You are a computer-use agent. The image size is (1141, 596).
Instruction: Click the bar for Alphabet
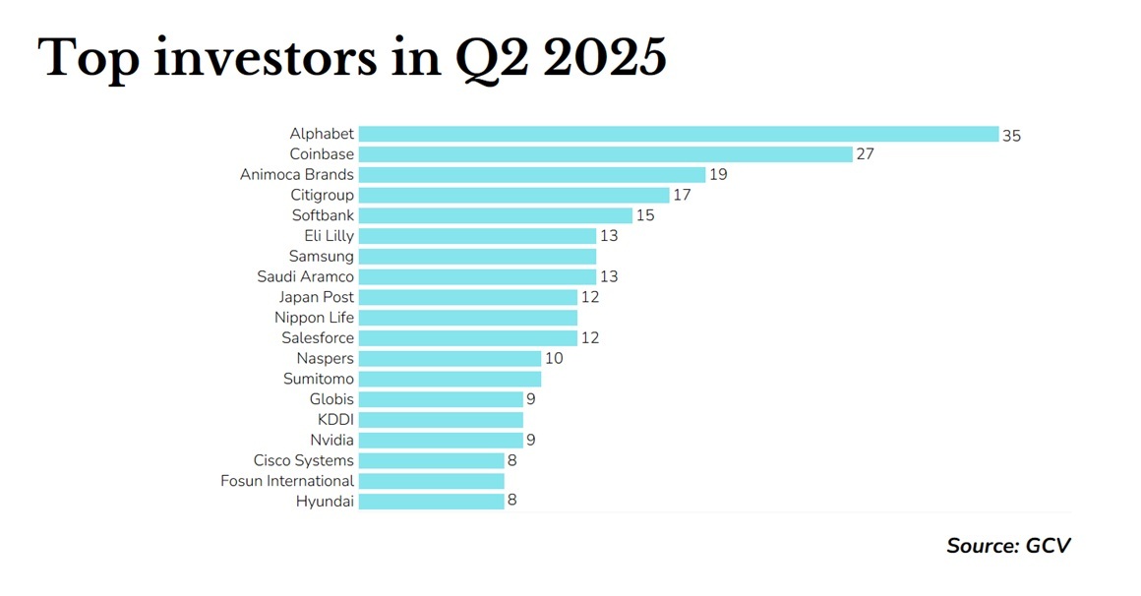click(679, 134)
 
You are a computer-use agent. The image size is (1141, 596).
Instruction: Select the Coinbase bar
click(605, 154)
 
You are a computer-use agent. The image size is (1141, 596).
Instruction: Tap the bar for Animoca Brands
click(532, 175)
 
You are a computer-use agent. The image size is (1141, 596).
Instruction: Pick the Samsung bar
click(477, 256)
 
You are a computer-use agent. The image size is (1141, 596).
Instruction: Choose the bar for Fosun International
click(431, 481)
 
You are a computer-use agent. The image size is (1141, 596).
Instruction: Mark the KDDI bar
click(441, 420)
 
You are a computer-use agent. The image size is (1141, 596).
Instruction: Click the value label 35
click(1011, 135)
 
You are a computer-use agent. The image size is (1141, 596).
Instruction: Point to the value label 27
click(865, 154)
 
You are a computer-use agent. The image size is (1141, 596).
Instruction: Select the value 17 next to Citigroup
click(682, 196)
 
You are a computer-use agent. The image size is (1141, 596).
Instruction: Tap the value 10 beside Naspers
click(554, 359)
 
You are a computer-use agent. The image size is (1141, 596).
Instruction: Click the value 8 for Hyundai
click(512, 502)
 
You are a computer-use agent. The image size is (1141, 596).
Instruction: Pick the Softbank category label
click(323, 215)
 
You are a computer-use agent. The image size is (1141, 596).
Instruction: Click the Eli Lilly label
click(329, 236)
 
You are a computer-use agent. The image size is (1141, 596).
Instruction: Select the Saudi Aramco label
click(305, 277)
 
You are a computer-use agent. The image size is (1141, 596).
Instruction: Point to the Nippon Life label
click(314, 318)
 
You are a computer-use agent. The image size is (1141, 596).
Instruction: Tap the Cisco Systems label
click(303, 460)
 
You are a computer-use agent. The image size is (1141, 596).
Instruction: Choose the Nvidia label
click(331, 441)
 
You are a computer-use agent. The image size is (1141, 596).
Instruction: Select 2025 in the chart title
click(604, 59)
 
